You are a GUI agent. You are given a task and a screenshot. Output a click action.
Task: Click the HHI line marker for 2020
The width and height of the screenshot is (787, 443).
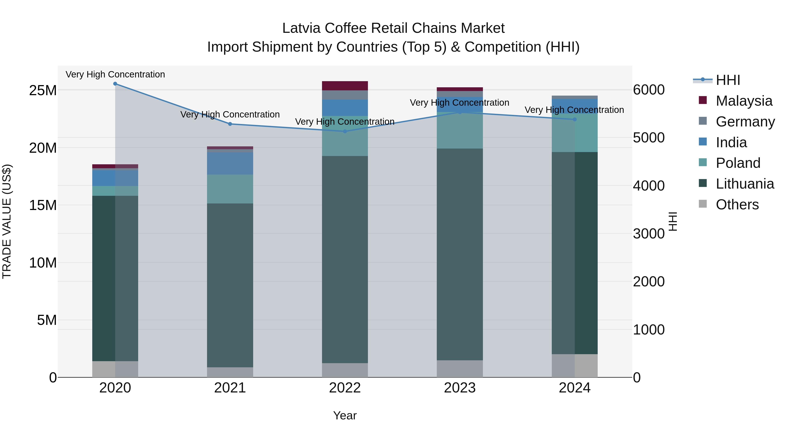pos(115,84)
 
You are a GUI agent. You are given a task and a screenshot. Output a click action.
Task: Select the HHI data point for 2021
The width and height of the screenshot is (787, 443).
pos(230,124)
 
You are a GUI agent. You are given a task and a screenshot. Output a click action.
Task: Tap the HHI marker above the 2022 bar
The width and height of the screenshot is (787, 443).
pos(345,131)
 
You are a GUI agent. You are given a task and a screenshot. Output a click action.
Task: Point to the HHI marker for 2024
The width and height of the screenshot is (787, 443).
pos(575,119)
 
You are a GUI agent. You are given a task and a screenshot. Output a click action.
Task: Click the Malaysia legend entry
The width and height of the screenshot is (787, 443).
pos(744,101)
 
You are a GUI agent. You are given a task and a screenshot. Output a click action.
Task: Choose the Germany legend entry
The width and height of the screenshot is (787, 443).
pos(745,122)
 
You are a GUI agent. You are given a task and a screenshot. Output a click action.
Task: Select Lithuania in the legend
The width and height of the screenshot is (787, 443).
pos(745,184)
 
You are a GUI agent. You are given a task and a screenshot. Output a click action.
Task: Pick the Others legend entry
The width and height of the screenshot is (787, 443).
pos(737,205)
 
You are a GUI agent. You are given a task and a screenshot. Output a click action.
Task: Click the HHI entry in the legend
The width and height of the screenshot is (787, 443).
pos(728,80)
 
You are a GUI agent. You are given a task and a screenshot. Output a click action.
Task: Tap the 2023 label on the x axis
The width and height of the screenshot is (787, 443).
pos(460,388)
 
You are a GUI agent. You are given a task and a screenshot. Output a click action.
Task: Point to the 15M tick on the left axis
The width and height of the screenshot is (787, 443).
pos(43,205)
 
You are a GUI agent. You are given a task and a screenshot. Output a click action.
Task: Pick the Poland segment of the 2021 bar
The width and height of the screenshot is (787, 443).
pos(230,189)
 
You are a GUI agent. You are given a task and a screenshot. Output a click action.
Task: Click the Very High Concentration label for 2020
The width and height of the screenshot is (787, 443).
pos(115,74)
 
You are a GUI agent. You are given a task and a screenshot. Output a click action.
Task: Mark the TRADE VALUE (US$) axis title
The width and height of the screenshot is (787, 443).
pos(7,221)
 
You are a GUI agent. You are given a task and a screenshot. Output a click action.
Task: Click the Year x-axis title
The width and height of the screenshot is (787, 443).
pos(345,415)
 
